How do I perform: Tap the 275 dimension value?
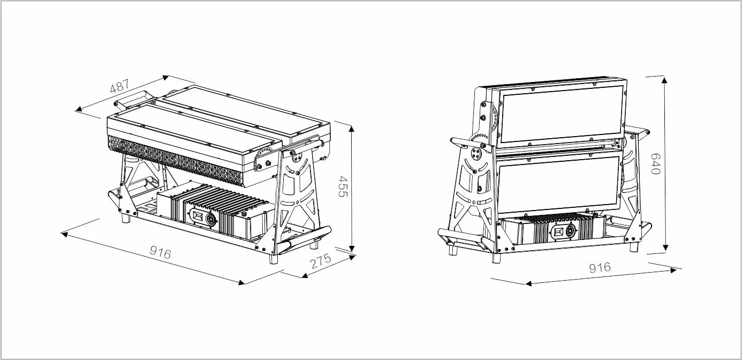pos(320,261)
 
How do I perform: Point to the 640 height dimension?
pos(656,163)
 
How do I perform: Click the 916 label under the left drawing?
pos(160,253)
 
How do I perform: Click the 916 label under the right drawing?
pos(600,267)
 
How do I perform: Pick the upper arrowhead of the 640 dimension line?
pos(664,80)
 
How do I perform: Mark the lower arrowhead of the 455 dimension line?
pos(352,247)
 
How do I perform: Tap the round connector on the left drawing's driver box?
pos(211,219)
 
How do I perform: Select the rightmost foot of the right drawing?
pos(634,246)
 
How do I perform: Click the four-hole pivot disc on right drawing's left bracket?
pos(476,153)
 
